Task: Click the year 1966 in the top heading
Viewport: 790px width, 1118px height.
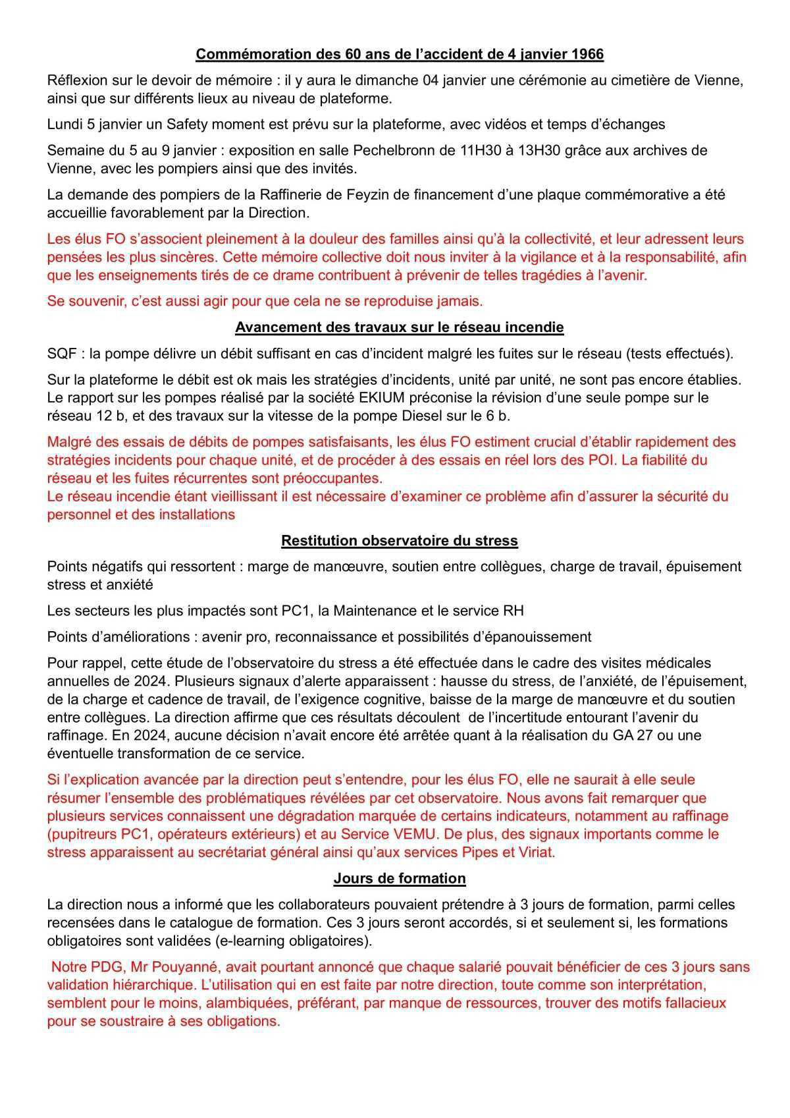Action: click(x=587, y=55)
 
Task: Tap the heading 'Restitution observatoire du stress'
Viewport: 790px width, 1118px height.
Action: click(x=400, y=540)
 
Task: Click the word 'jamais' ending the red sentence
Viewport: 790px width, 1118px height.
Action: click(x=461, y=301)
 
